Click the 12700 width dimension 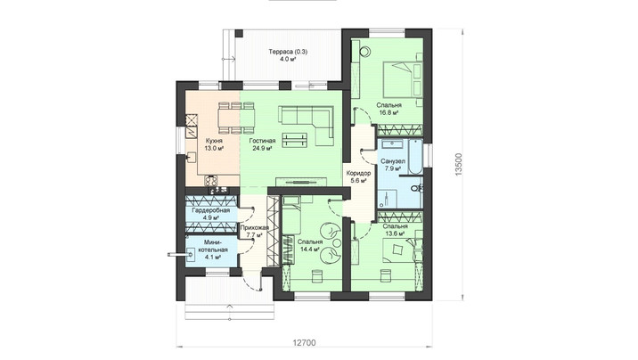304,342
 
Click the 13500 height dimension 459,164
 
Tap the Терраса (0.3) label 288,52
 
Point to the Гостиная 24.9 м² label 263,144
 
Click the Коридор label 358,173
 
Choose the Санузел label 393,161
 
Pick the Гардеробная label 211,210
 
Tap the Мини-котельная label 211,246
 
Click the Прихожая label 254,228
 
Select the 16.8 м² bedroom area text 389,112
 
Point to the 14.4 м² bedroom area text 309,249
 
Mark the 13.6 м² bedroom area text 395,233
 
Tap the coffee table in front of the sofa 295,140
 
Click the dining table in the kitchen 236,118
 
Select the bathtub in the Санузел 414,158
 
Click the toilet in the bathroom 416,188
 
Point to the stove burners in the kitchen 210,181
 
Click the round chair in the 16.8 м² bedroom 365,51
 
